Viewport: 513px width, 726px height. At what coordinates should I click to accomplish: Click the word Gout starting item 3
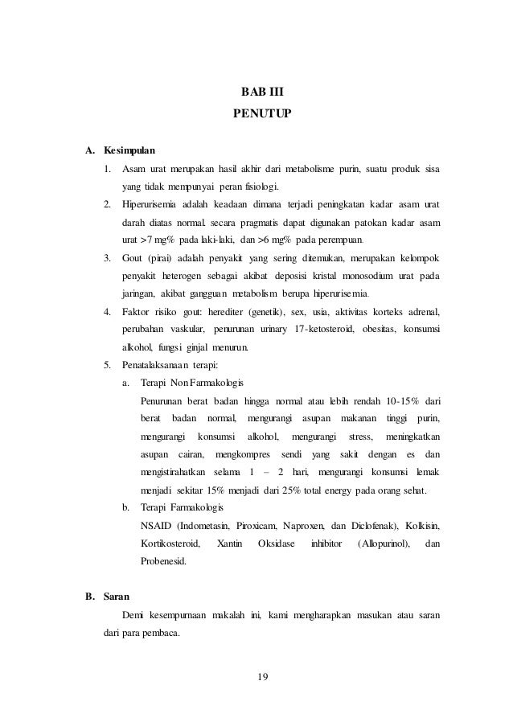coord(132,258)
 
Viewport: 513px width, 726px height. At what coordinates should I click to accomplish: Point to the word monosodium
coord(354,276)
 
